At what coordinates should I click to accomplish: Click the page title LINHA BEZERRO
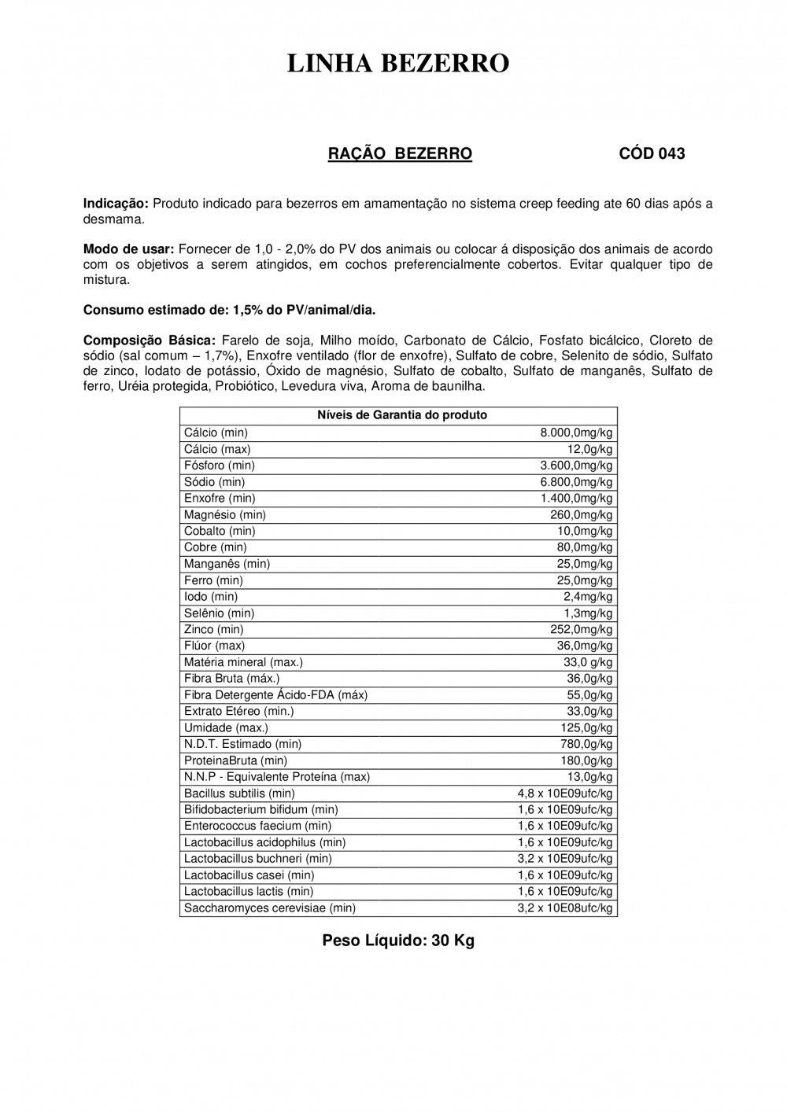pyautogui.click(x=398, y=63)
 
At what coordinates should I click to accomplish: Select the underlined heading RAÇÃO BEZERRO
pyautogui.click(x=400, y=154)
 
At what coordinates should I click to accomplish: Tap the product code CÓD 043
pyautogui.click(x=652, y=154)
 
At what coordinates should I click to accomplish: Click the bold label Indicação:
pyautogui.click(x=116, y=204)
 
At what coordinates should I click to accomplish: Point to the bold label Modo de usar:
pyautogui.click(x=128, y=249)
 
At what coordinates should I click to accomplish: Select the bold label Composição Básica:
pyautogui.click(x=149, y=341)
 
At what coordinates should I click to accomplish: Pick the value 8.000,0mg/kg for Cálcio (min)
pyautogui.click(x=576, y=433)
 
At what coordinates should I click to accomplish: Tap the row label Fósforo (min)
pyautogui.click(x=220, y=466)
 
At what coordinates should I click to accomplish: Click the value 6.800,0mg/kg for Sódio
pyautogui.click(x=576, y=482)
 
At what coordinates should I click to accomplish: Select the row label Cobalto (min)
pyautogui.click(x=220, y=531)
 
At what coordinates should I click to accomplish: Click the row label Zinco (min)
pyautogui.click(x=213, y=629)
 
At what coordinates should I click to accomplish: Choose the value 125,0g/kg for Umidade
pyautogui.click(x=584, y=728)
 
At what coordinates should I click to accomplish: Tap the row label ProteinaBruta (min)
pyautogui.click(x=235, y=760)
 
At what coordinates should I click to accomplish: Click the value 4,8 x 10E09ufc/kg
pyautogui.click(x=565, y=793)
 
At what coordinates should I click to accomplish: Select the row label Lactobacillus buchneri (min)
pyautogui.click(x=257, y=859)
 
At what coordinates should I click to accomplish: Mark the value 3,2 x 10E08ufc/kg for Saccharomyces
pyautogui.click(x=565, y=908)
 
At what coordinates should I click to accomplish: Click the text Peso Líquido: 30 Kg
pyautogui.click(x=398, y=941)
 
